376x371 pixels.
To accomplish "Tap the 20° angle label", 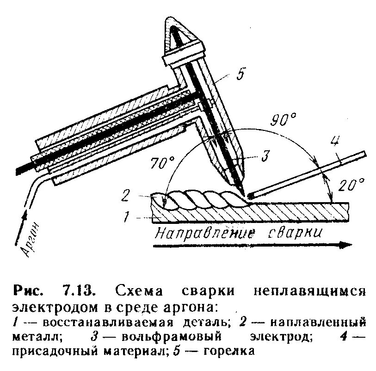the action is [351, 185].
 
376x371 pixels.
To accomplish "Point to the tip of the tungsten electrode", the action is [242, 191].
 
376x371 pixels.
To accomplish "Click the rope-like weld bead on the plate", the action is [203, 199].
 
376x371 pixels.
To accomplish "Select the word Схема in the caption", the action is [136, 292].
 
